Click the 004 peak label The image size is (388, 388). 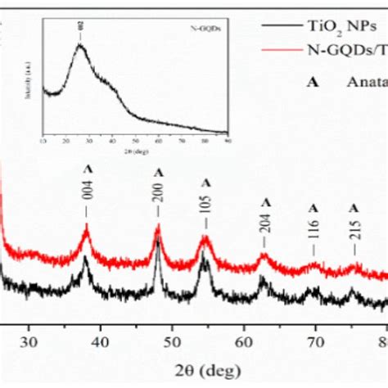[x=87, y=192]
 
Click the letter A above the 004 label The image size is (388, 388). [x=87, y=168]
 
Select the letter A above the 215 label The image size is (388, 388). [x=354, y=208]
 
